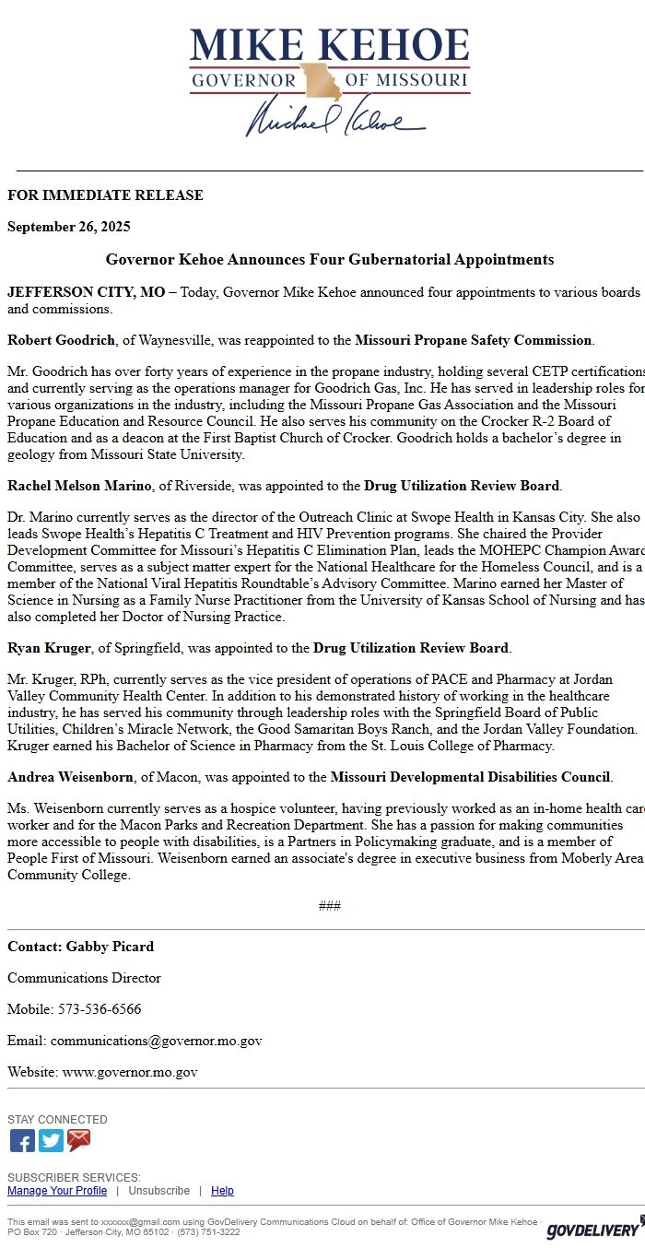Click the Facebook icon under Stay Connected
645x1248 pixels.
(22, 1140)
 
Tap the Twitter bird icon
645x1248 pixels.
(51, 1140)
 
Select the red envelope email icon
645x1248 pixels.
(79, 1140)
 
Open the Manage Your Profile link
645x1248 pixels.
(57, 1191)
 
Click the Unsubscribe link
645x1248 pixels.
(158, 1191)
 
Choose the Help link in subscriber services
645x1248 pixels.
(222, 1191)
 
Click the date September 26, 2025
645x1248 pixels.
(69, 227)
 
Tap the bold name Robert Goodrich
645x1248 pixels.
(61, 340)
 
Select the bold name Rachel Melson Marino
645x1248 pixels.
(81, 486)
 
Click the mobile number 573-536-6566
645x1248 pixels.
(100, 1009)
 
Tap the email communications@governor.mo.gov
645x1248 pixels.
(156, 1041)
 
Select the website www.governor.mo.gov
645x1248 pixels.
(130, 1072)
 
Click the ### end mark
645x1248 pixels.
(330, 905)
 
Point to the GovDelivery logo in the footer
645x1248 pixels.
(594, 1229)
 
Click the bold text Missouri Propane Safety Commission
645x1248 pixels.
(473, 340)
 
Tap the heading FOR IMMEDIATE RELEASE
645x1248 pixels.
(105, 195)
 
